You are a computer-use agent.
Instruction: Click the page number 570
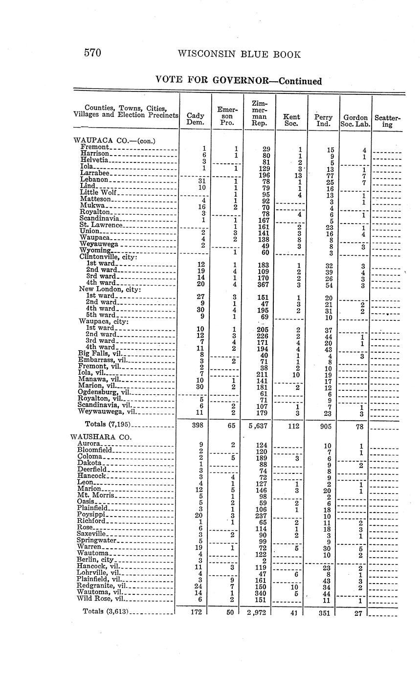[x=92, y=53]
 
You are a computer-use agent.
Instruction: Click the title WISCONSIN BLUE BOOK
[x=239, y=54]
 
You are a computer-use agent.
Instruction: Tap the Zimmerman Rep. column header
[x=259, y=113]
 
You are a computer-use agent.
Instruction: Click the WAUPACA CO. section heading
[x=113, y=140]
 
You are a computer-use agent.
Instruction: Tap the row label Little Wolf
[x=98, y=192]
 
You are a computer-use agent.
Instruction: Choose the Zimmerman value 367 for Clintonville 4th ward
[x=261, y=283]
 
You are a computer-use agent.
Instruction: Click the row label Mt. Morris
[x=96, y=495]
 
